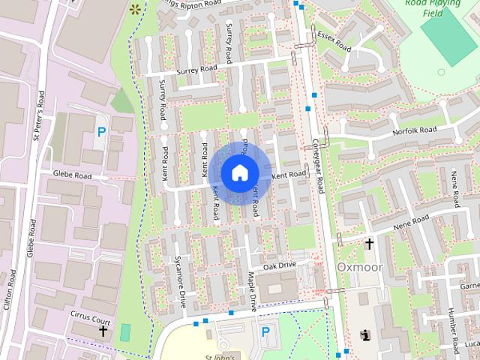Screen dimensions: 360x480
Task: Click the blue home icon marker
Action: (239, 172)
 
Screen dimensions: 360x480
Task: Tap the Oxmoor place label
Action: (360, 267)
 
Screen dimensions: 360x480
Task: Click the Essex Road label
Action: (334, 41)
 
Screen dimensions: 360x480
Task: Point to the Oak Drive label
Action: (280, 265)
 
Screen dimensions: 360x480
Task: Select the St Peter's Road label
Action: (40, 116)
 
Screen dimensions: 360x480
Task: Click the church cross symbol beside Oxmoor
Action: (369, 244)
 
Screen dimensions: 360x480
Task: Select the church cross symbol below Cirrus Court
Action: (103, 330)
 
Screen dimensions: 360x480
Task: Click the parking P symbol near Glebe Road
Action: (101, 132)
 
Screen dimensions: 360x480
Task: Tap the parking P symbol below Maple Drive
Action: (265, 331)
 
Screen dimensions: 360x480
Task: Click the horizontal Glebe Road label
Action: (72, 175)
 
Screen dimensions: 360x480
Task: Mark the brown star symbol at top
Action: (135, 10)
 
